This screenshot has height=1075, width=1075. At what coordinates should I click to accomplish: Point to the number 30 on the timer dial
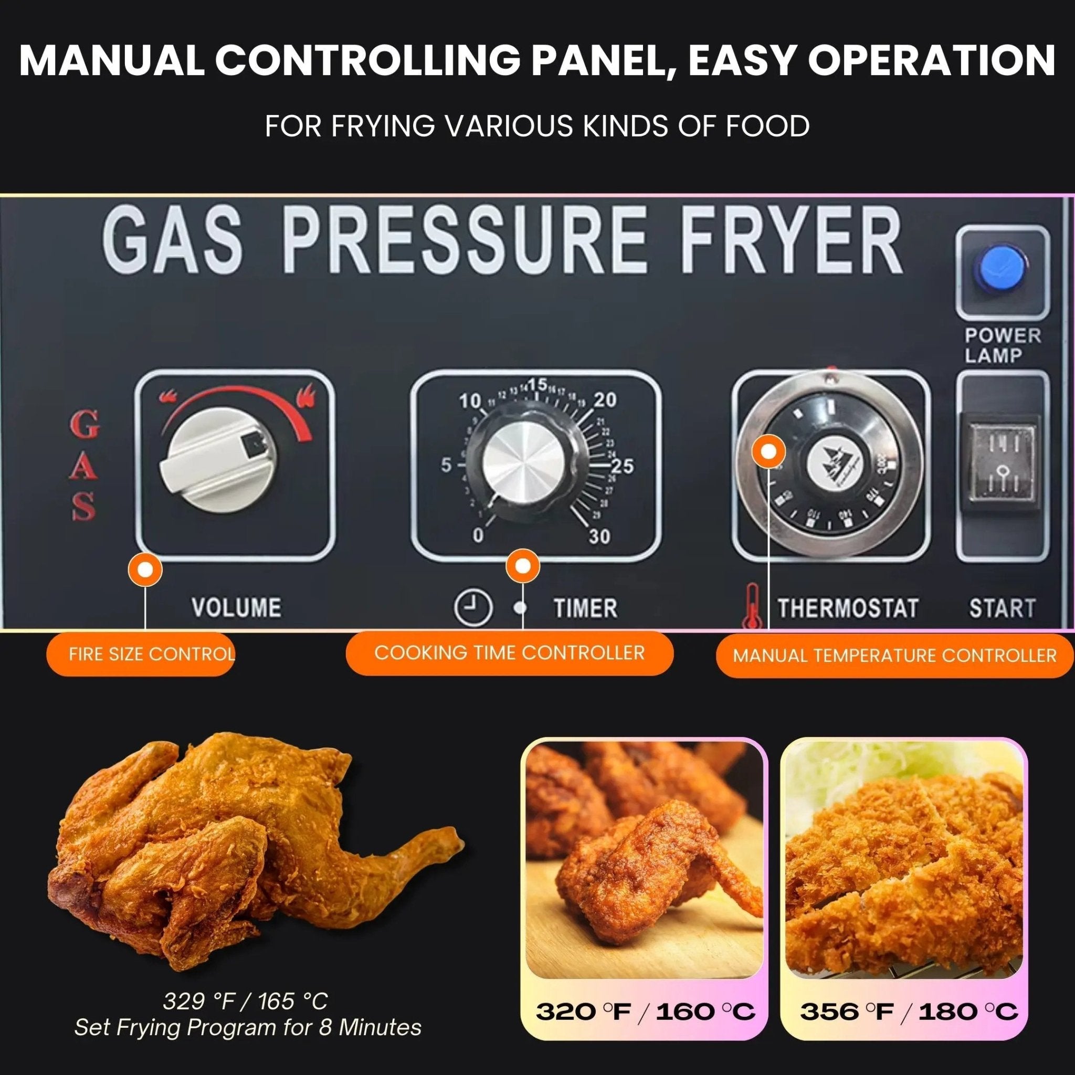[599, 536]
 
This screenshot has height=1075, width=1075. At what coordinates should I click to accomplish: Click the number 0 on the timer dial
[478, 535]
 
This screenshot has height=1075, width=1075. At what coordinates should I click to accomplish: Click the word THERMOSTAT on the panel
[847, 608]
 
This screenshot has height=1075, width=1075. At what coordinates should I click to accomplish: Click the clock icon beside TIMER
[473, 608]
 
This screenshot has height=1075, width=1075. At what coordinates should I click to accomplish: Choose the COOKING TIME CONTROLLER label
[509, 652]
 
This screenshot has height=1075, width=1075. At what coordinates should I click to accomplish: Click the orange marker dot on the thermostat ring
[768, 452]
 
